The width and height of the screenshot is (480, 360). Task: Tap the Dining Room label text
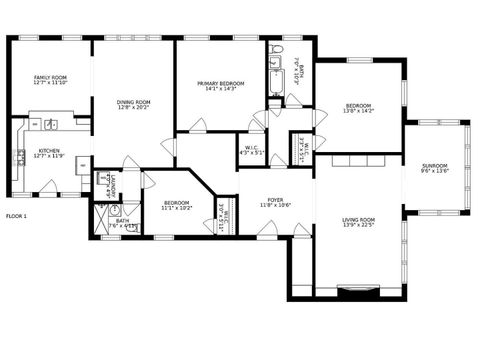(133, 101)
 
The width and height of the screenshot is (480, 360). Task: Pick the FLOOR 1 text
(17, 216)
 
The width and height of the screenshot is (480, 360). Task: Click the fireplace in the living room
(357, 291)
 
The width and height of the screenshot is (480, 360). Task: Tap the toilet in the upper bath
(279, 49)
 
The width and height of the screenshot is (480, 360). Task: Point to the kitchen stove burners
(19, 156)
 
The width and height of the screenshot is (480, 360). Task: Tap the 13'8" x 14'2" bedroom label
(358, 108)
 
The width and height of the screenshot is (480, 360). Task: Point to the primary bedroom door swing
(198, 124)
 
